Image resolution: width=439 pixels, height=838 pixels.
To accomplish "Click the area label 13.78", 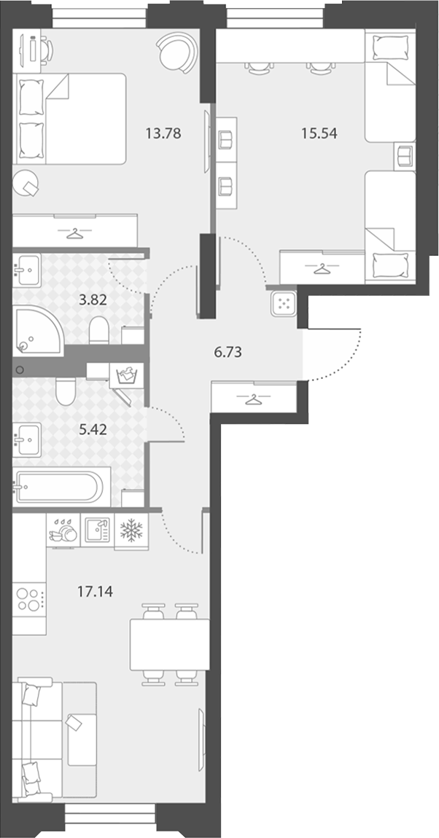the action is click(x=163, y=133).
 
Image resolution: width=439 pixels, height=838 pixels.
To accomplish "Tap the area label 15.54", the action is click(x=319, y=133).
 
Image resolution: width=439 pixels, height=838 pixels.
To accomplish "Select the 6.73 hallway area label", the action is click(x=228, y=352).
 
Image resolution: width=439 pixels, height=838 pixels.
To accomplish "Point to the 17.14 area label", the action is click(x=96, y=592).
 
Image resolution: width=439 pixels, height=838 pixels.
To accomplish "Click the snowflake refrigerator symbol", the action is click(x=131, y=530).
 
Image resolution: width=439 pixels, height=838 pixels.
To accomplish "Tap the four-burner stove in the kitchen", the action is click(x=28, y=600).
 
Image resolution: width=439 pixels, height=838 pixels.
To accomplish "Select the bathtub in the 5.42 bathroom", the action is click(x=58, y=486).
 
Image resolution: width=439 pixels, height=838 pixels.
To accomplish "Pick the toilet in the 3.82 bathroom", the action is click(x=99, y=331).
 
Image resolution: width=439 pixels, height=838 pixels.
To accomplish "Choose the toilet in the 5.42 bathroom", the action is click(x=65, y=391).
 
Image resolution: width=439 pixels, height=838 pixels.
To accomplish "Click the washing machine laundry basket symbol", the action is click(x=127, y=376).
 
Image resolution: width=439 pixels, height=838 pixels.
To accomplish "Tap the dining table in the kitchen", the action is click(x=169, y=645).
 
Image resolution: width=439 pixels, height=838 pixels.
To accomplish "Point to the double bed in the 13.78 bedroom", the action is click(x=69, y=119).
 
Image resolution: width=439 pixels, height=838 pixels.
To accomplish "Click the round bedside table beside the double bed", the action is click(x=26, y=184).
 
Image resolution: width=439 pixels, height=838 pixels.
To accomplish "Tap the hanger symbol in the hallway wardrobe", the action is click(x=254, y=399).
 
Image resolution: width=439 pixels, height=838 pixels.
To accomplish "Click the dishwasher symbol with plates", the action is click(x=63, y=530).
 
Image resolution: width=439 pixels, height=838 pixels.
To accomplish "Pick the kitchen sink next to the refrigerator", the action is click(x=97, y=530).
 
